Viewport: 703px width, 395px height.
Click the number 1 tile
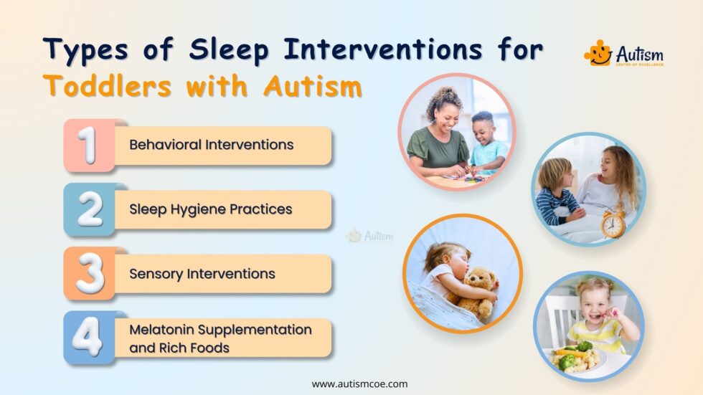click(x=89, y=145)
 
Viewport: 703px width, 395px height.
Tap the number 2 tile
click(x=89, y=209)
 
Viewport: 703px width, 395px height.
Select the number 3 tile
click(x=89, y=273)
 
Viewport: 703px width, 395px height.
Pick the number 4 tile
click(x=89, y=337)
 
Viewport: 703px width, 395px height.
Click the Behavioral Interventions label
click(x=211, y=145)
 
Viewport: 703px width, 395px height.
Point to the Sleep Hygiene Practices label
click(x=210, y=209)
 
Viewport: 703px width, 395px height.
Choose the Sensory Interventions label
click(x=202, y=274)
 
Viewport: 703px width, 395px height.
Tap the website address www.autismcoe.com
click(x=359, y=384)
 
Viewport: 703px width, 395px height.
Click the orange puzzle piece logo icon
click(x=597, y=52)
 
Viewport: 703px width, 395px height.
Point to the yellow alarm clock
click(x=614, y=224)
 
